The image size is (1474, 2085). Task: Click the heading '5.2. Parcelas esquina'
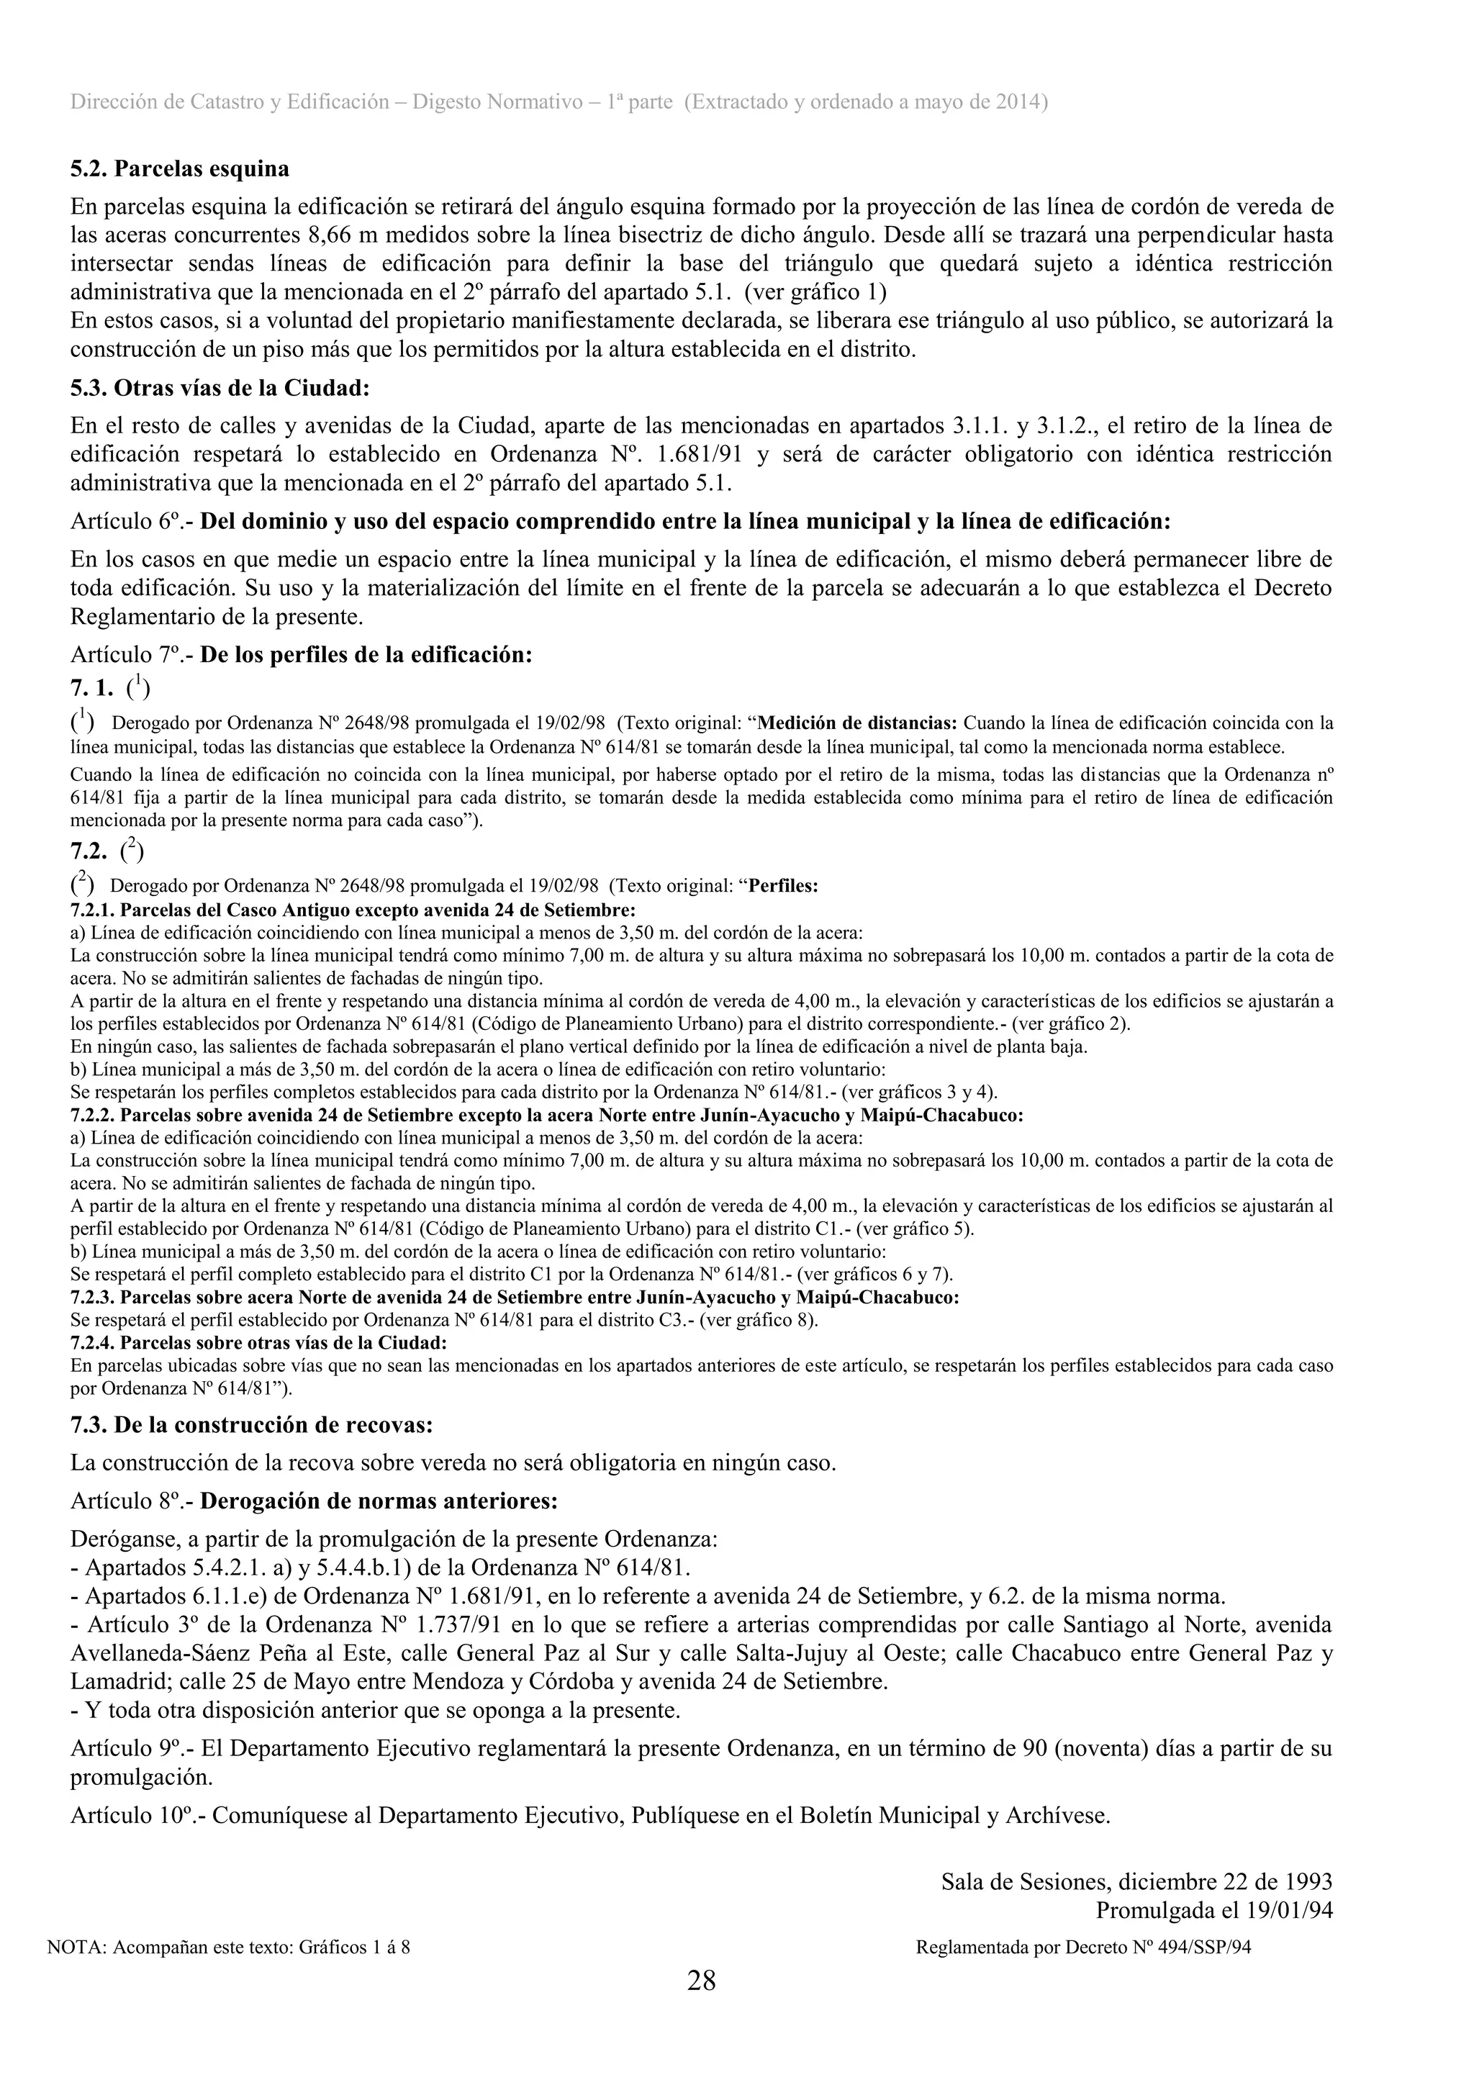[180, 169]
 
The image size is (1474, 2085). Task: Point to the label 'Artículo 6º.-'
[132, 523]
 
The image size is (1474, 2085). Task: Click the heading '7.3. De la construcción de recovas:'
[252, 1425]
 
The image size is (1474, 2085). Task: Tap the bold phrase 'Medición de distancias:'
[857, 724]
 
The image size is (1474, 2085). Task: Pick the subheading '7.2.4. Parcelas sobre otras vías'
[259, 1342]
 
